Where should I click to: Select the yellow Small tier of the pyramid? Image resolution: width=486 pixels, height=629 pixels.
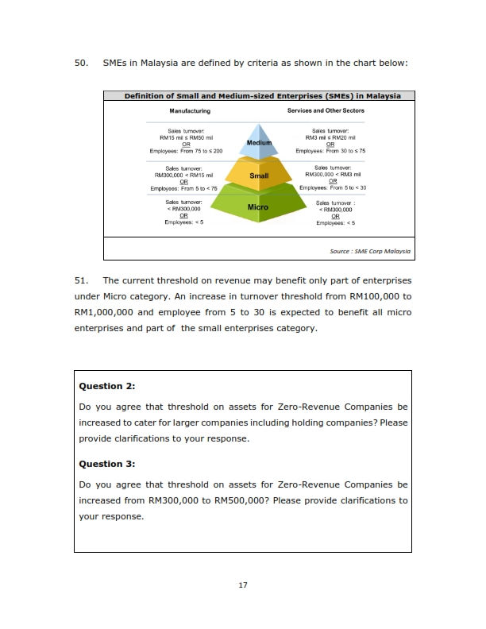point(259,175)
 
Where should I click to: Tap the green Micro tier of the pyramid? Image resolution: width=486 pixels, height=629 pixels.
point(258,206)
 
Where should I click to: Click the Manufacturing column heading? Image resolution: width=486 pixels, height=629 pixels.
point(190,111)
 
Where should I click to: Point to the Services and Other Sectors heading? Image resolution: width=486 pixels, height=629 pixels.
point(326,110)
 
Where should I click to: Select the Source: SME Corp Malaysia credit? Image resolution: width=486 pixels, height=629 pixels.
point(370,252)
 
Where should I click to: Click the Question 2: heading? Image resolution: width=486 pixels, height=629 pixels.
point(107,386)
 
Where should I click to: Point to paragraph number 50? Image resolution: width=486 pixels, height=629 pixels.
point(81,63)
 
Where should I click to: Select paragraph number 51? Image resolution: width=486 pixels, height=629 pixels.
point(81,280)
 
